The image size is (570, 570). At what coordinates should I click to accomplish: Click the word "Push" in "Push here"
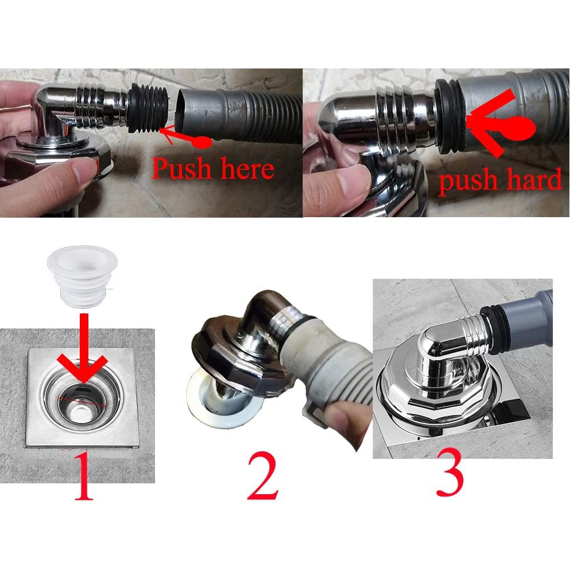pyautogui.click(x=180, y=168)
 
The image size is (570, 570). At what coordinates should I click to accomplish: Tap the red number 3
pyautogui.click(x=450, y=473)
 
